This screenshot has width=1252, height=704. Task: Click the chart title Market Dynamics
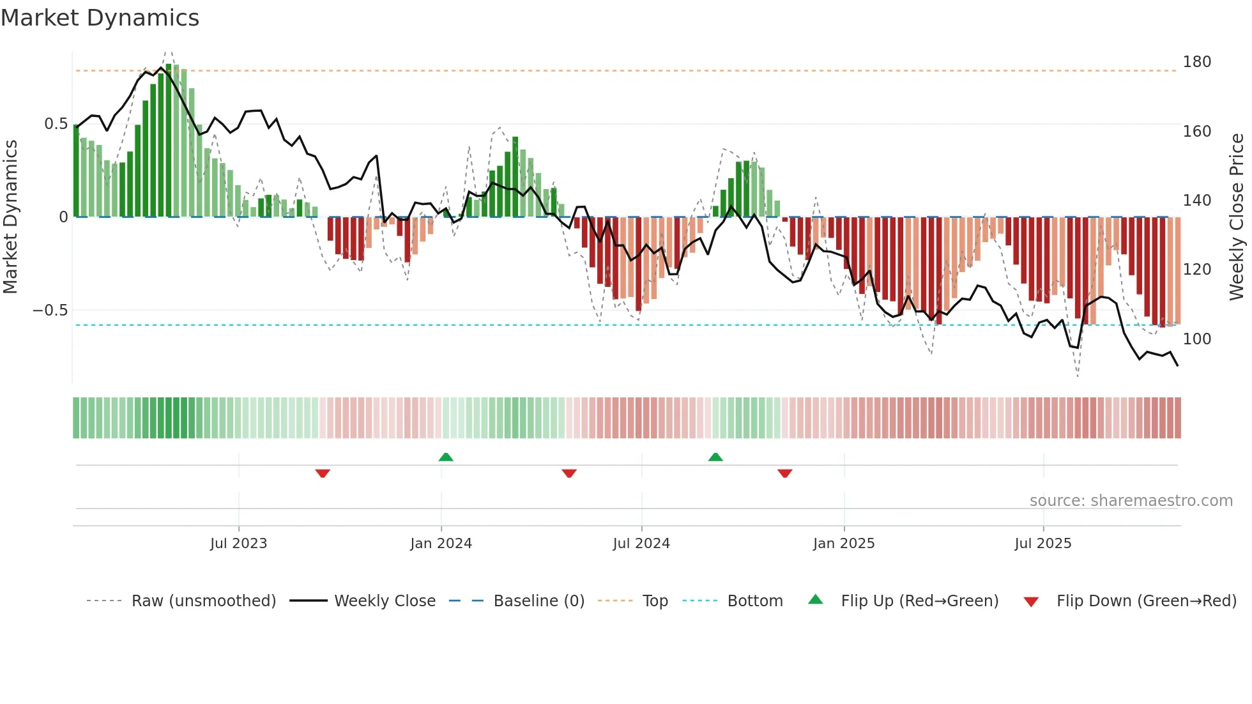point(100,18)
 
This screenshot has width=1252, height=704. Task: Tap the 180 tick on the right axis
point(1196,62)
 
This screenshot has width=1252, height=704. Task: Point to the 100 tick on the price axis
point(1196,339)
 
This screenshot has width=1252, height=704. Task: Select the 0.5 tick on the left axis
point(56,124)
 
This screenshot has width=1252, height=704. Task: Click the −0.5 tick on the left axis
point(50,310)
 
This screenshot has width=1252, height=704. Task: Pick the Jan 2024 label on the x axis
point(441,544)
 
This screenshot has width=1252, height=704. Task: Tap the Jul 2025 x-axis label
point(1042,544)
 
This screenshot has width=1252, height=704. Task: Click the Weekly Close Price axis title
point(1237,217)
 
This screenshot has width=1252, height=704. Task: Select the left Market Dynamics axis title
point(10,217)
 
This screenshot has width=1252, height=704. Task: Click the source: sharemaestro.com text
point(1131,501)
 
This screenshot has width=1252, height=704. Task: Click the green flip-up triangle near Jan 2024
point(446,457)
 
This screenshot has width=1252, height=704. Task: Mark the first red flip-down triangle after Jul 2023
point(323,473)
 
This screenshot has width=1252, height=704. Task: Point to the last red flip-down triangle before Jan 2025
point(785,473)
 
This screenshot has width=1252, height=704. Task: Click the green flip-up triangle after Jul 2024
point(715,457)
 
